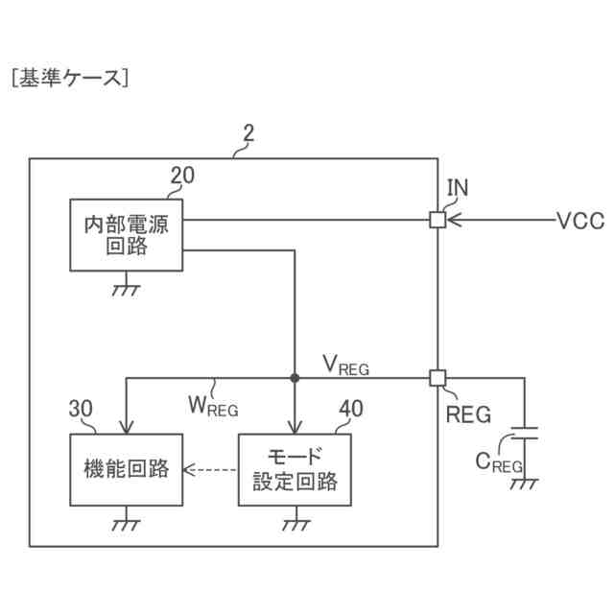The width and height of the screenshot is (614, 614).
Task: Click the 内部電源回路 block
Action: pos(126,235)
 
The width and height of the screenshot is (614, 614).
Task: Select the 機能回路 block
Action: pos(126,469)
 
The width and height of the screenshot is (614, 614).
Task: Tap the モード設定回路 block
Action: pos(295,469)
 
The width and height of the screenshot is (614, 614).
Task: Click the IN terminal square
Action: pos(437,220)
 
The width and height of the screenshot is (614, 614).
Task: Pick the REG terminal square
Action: pos(437,378)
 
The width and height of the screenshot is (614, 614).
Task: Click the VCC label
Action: pos(580,221)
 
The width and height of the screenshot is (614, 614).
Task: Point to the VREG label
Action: pos(345,366)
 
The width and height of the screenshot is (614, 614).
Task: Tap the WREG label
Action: pos(213,406)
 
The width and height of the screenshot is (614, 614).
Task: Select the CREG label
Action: pos(499,462)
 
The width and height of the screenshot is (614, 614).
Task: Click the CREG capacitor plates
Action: pos(525,433)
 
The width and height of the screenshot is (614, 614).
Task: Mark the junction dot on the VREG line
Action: pos(295,378)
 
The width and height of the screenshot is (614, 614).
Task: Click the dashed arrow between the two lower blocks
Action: pos(209,469)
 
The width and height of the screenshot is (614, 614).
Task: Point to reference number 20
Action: pos(182,176)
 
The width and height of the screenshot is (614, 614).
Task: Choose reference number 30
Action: pos(81,409)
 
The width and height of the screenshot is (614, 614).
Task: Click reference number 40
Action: pos(351,409)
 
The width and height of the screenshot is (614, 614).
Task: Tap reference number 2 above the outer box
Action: pos(248,133)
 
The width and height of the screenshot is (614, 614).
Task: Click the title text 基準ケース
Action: pos(70,78)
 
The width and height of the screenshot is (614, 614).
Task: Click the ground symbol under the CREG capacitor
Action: pos(525,484)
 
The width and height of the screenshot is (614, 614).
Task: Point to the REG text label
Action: pos(468,414)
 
